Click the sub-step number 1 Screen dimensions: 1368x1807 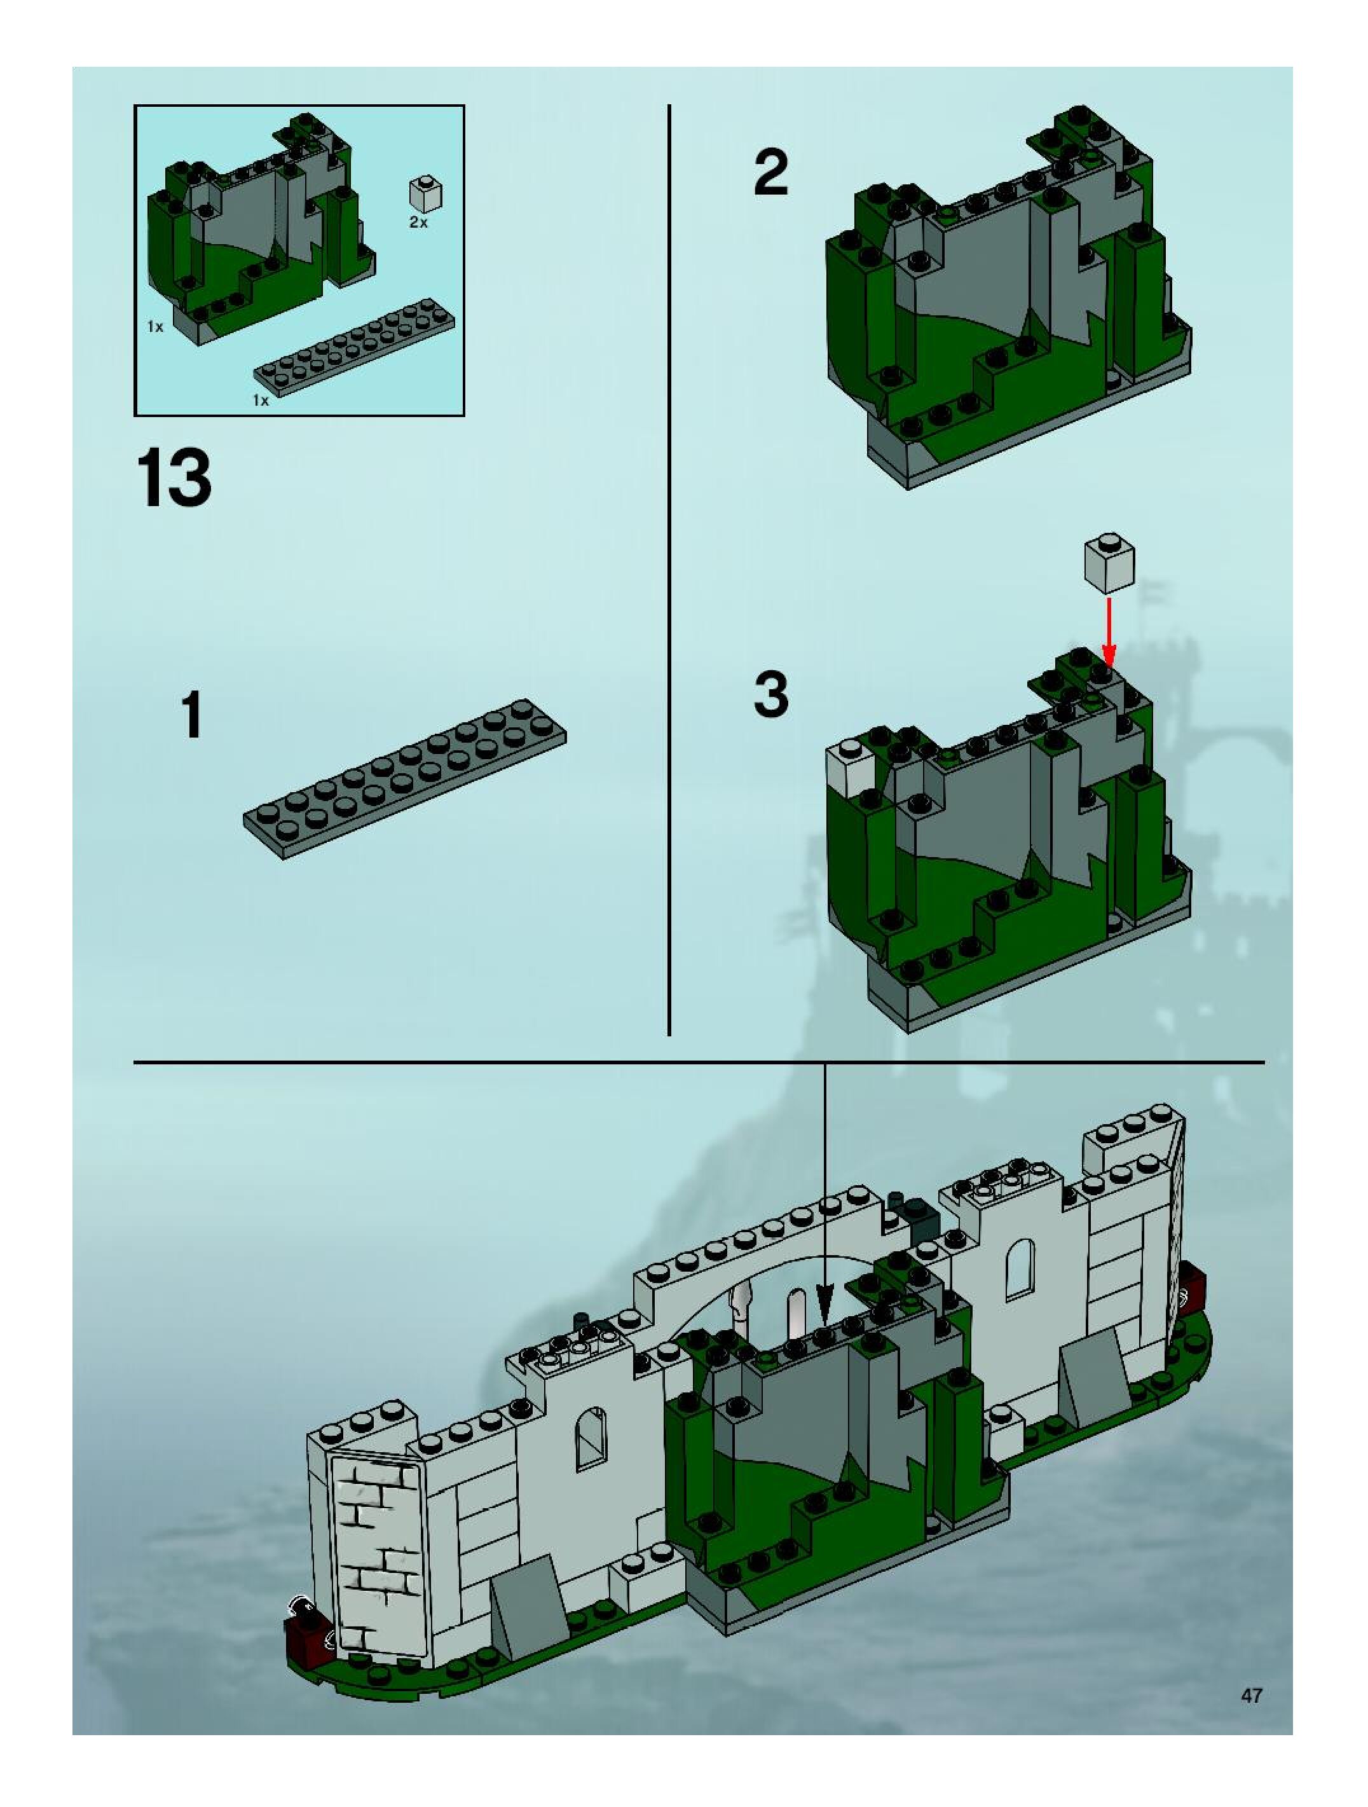pyautogui.click(x=192, y=714)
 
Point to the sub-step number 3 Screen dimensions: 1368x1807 pyautogui.click(x=771, y=694)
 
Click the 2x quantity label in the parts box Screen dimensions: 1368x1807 pyautogui.click(x=418, y=222)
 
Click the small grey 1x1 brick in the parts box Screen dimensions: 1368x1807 pyautogui.click(x=425, y=193)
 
